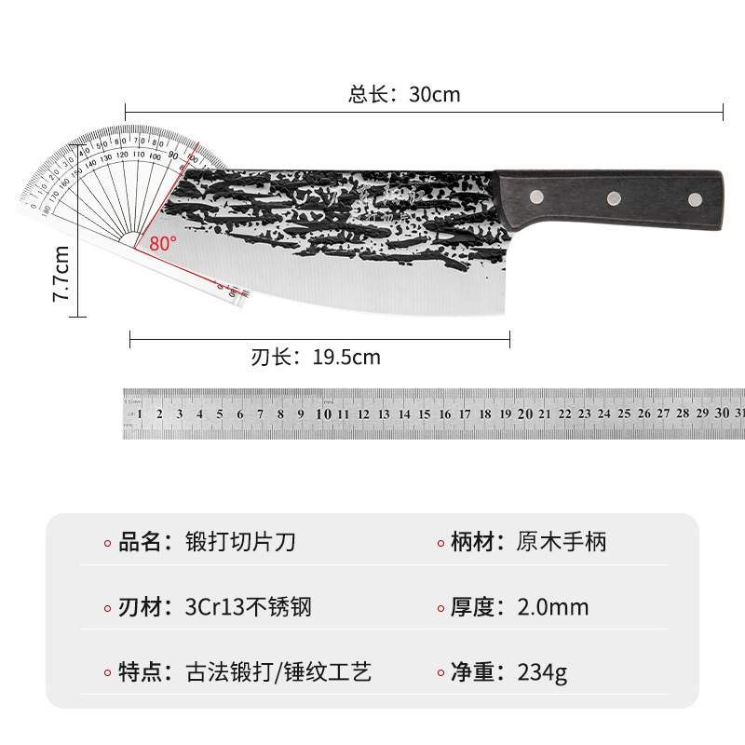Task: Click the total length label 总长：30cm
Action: (404, 94)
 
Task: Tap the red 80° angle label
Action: (162, 243)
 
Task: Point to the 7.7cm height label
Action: (61, 273)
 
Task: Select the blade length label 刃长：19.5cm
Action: (316, 357)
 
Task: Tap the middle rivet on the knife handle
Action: (614, 196)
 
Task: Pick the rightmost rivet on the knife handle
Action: (695, 197)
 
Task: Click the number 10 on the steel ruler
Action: (323, 413)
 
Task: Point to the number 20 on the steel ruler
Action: (525, 413)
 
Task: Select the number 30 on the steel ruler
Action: (723, 413)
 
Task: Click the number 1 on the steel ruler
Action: (140, 413)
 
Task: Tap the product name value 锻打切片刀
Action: (241, 542)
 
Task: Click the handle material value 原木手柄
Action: (561, 542)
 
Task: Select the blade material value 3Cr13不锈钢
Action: (249, 607)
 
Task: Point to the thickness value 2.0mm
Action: (553, 607)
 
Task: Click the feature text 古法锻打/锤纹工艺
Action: (278, 672)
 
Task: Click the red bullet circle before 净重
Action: (440, 674)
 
